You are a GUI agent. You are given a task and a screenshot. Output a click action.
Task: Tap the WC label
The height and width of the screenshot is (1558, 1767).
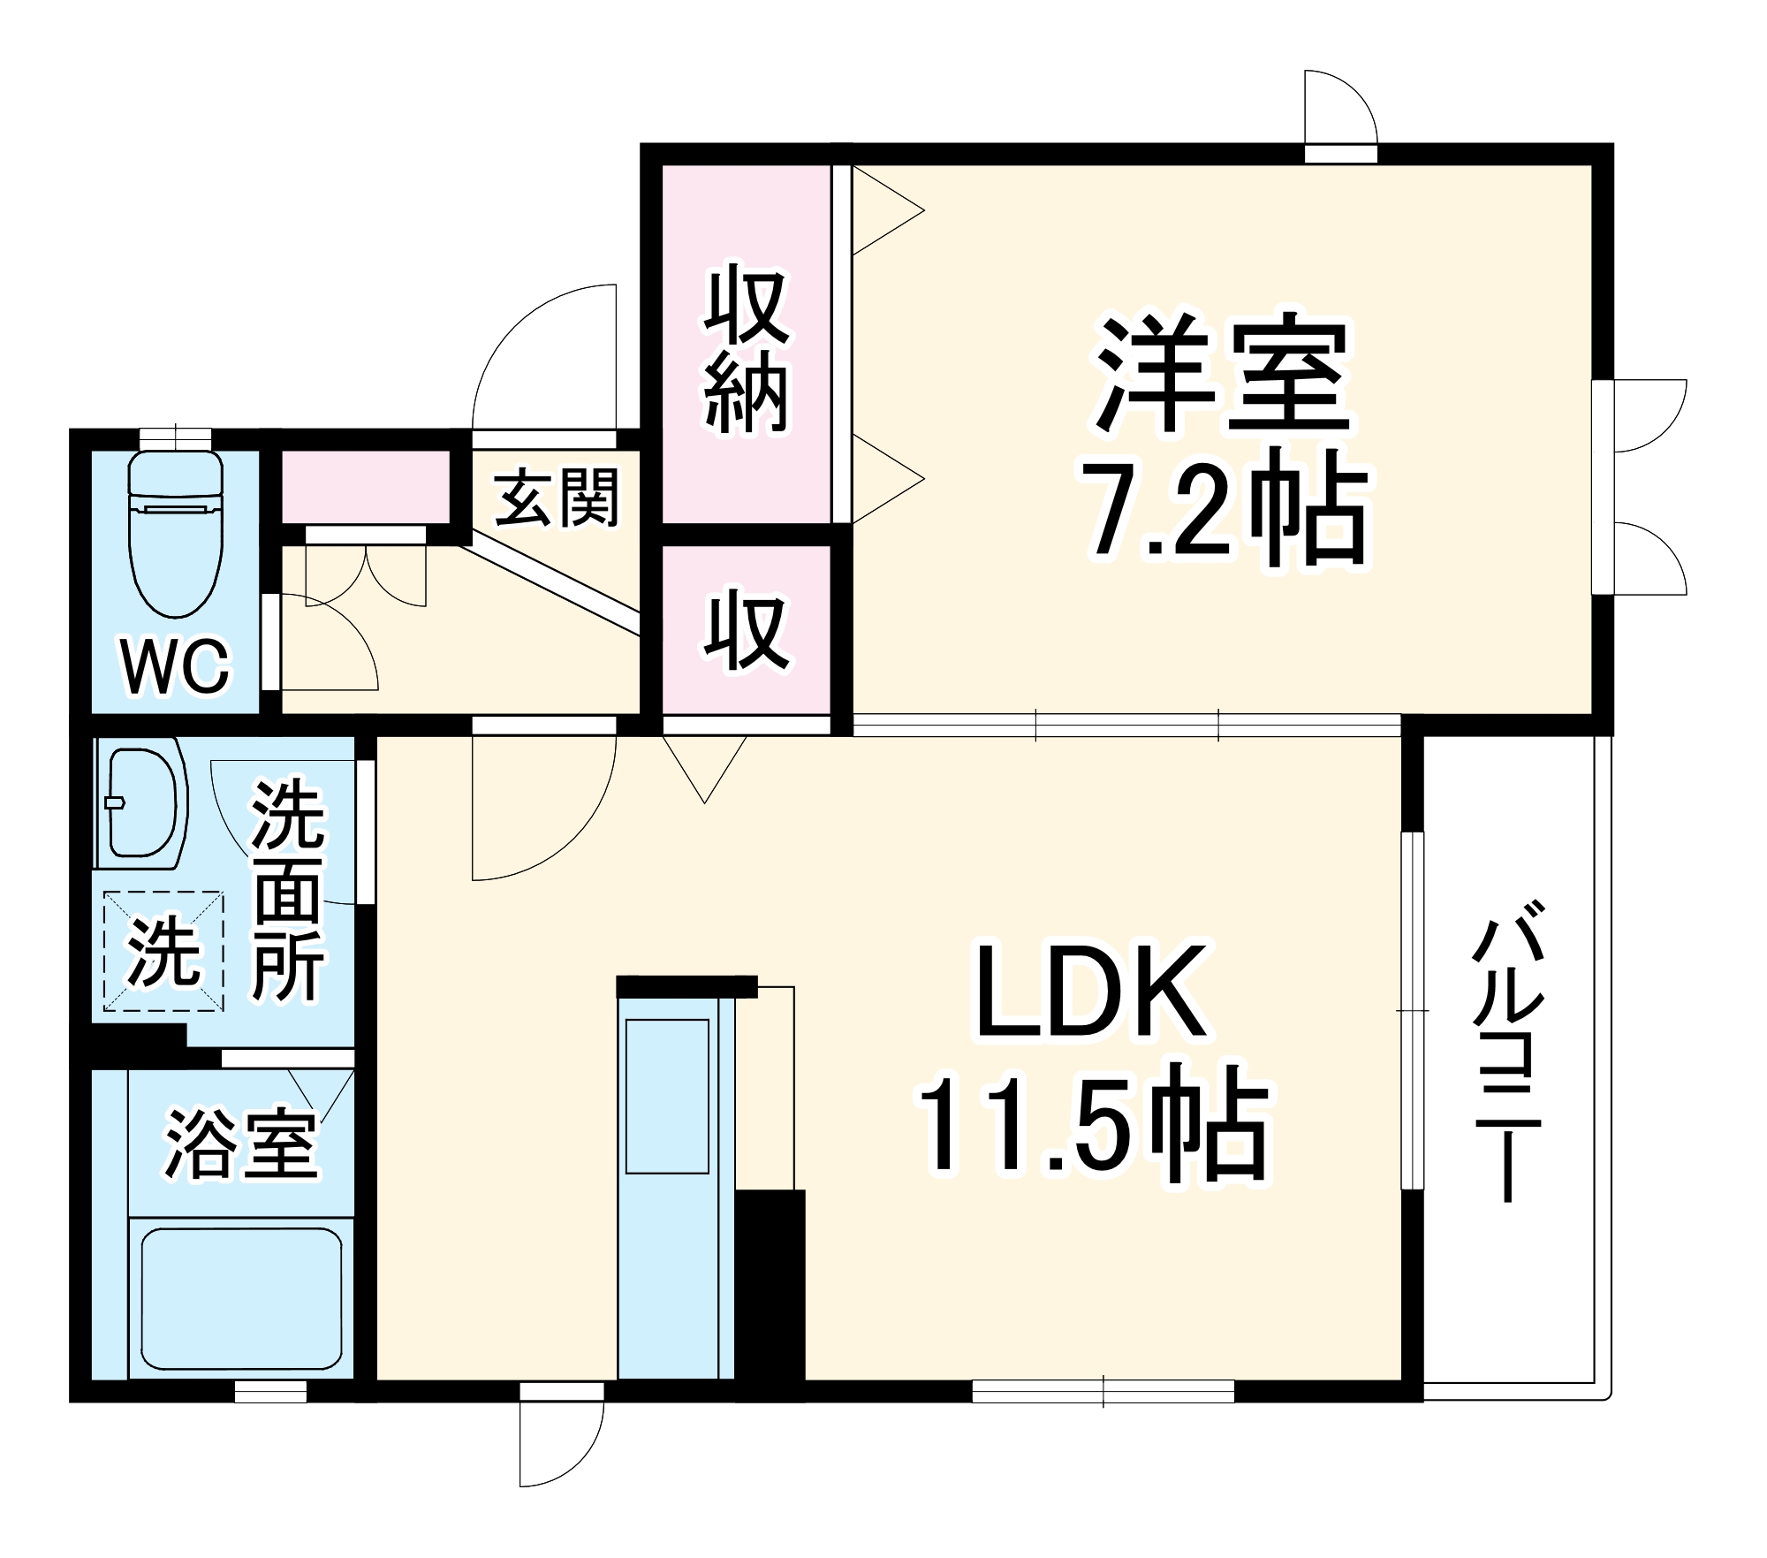click(x=176, y=667)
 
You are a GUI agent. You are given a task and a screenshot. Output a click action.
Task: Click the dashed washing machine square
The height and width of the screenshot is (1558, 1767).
click(x=164, y=950)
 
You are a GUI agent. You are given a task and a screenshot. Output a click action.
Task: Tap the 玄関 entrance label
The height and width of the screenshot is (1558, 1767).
click(x=556, y=498)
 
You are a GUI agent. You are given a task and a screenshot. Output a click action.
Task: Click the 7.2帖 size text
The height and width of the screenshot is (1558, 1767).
click(x=1228, y=508)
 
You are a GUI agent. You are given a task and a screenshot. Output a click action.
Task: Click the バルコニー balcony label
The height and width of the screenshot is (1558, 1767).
click(x=1509, y=1051)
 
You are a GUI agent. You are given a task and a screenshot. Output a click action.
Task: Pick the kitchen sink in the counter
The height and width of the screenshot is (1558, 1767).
click(x=668, y=1097)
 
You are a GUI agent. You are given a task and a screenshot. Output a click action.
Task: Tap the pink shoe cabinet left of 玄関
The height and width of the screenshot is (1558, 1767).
click(x=364, y=487)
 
